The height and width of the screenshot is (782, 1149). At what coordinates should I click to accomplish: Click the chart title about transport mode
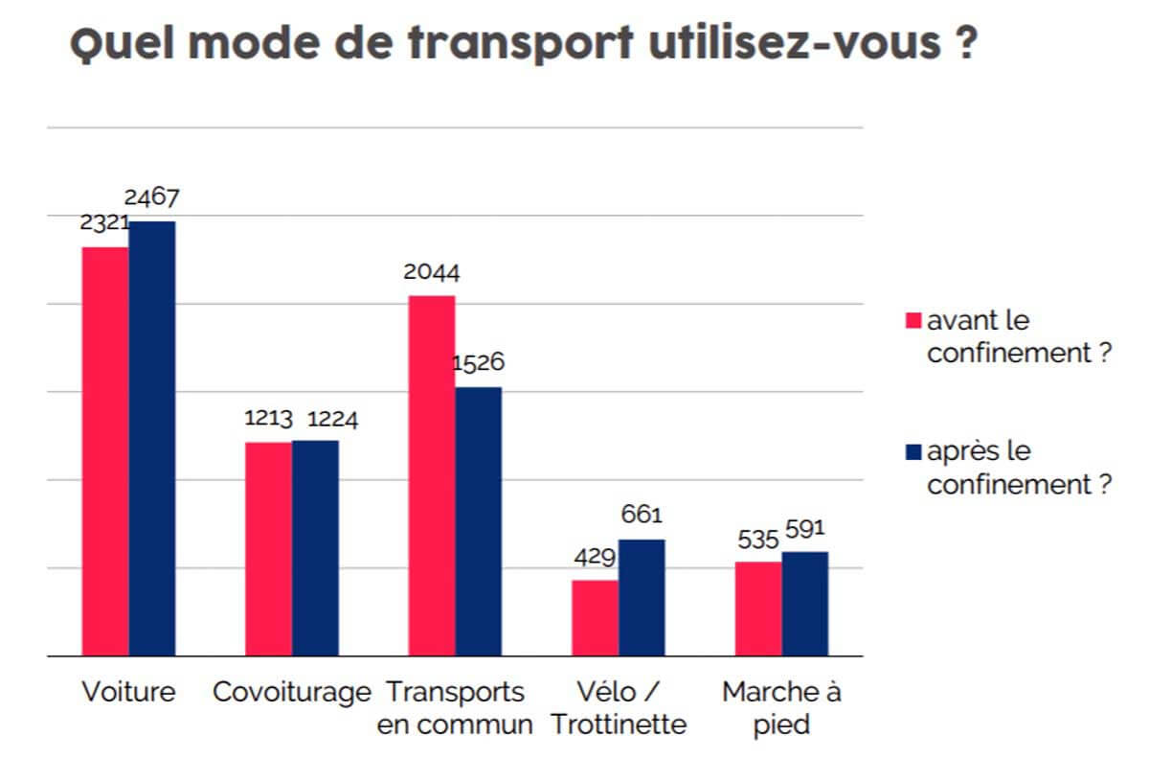[x=524, y=45]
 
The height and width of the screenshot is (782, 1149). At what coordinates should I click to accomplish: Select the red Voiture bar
[x=105, y=450]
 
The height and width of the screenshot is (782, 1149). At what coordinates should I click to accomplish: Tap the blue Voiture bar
[x=152, y=438]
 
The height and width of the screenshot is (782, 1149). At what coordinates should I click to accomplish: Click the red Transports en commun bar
[x=432, y=475]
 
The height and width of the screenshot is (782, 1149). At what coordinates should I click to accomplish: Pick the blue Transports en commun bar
[x=479, y=521]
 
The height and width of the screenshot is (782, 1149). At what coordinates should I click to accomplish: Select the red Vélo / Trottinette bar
[x=595, y=617]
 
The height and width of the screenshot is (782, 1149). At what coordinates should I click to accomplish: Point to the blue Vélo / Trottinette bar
[x=642, y=597]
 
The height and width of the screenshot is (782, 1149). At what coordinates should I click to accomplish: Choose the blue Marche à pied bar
[x=805, y=604]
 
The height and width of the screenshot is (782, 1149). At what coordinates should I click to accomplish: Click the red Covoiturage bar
[x=268, y=548]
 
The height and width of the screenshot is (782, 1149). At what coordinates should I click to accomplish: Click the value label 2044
[x=431, y=273]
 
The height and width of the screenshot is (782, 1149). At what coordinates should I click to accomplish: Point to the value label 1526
[x=478, y=364]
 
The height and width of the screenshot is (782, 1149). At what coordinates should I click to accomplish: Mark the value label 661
[x=642, y=516]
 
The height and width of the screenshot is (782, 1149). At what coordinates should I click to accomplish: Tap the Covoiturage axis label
[x=291, y=692]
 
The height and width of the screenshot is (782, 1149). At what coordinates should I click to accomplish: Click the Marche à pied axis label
[x=781, y=707]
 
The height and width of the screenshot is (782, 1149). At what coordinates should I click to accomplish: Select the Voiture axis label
[x=129, y=692]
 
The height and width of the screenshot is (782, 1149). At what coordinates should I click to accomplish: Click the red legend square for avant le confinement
[x=912, y=320]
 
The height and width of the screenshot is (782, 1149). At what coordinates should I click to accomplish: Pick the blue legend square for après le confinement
[x=912, y=451]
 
